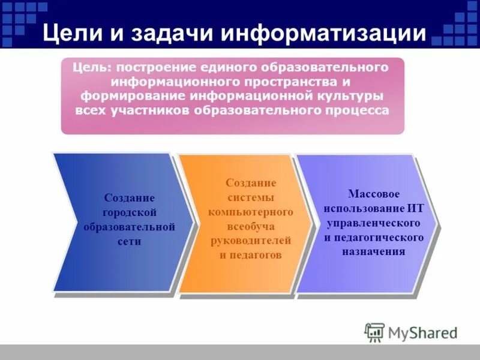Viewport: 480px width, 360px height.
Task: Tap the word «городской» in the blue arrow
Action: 129,212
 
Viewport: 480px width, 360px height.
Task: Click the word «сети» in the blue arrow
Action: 129,242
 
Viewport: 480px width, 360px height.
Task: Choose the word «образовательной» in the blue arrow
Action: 129,227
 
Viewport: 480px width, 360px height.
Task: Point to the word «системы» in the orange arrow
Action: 250,197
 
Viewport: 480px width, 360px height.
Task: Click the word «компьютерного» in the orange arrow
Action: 250,212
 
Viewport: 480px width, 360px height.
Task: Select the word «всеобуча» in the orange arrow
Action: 250,226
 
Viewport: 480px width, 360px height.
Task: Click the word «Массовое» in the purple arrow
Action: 373,194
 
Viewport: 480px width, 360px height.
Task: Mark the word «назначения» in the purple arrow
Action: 373,252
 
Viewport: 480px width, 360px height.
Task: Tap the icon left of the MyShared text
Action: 374,332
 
